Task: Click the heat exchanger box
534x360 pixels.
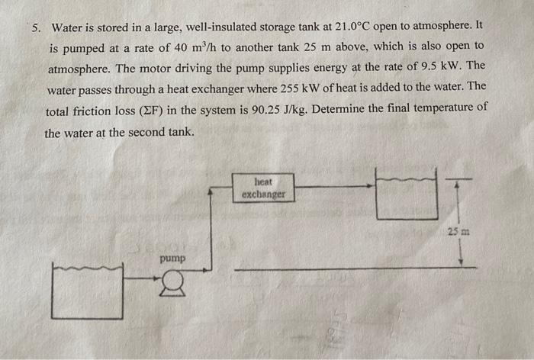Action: [x=263, y=188]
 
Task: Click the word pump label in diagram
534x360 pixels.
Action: [x=172, y=260]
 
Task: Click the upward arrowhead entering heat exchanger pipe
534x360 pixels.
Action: [x=211, y=196]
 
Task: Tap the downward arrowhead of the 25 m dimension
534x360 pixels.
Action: [x=460, y=262]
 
